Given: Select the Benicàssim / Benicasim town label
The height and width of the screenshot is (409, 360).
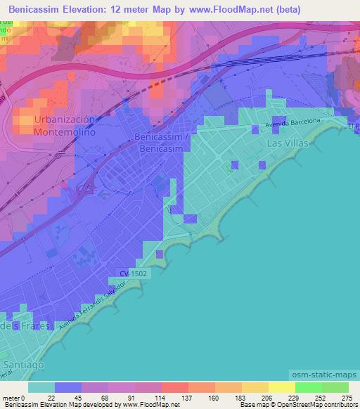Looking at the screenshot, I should click(162, 143).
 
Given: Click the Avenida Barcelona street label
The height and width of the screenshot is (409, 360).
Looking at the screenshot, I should click(292, 123).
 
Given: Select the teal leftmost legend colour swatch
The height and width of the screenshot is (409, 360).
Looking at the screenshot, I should click(41, 387).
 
